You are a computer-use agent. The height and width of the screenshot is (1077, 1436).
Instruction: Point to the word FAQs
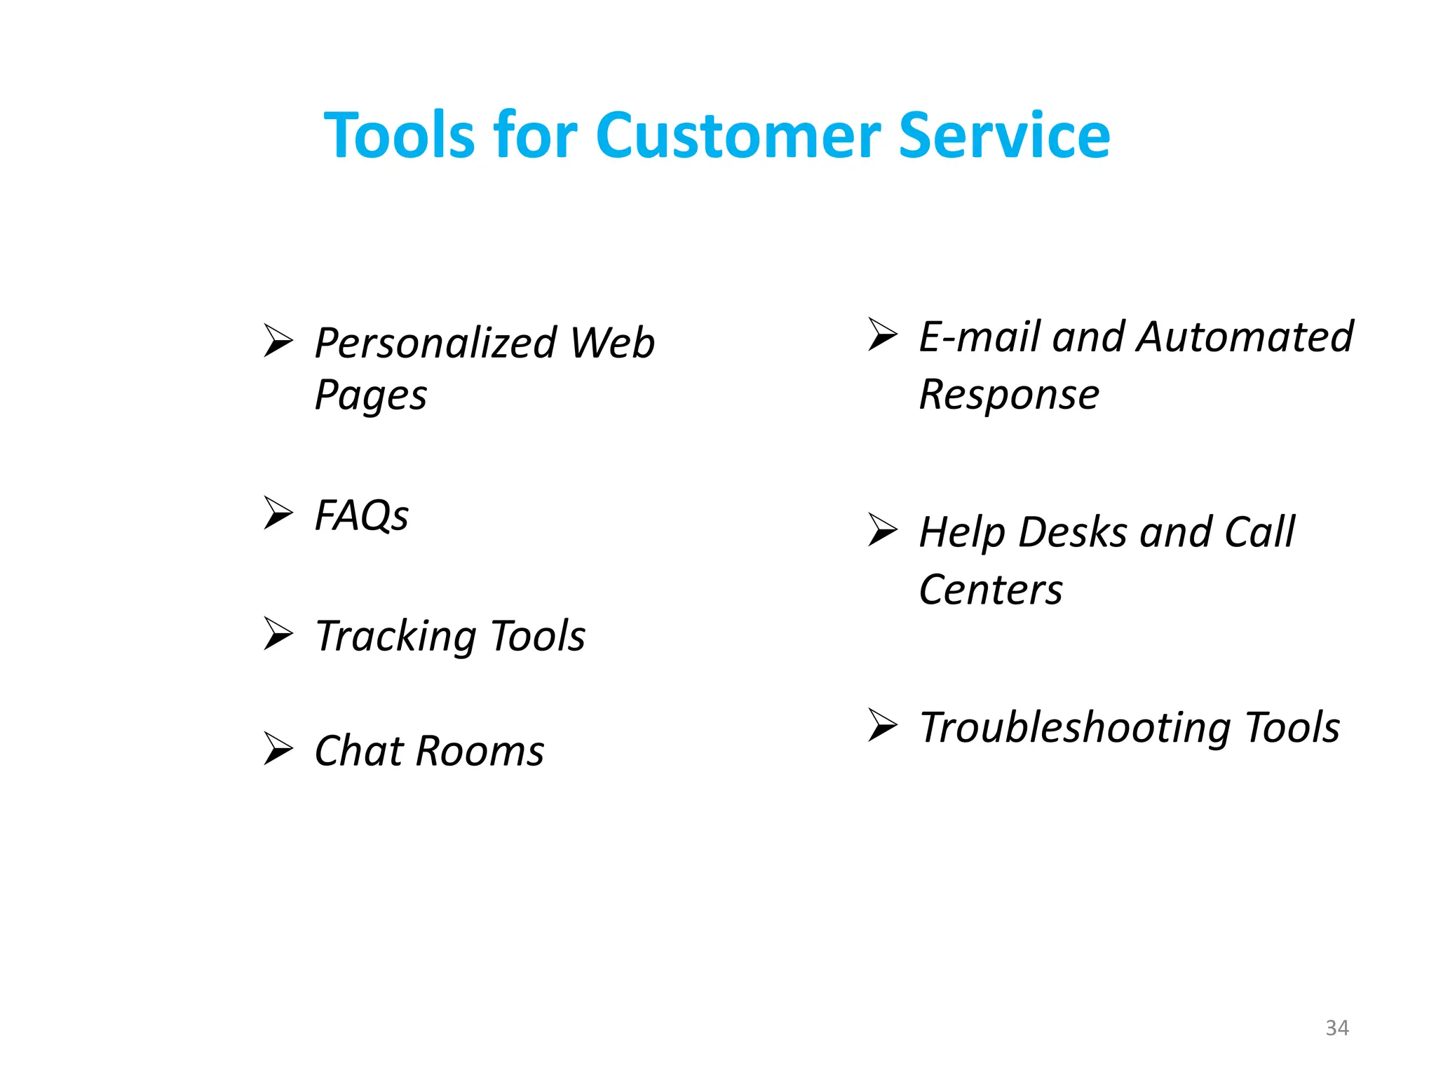[361, 516]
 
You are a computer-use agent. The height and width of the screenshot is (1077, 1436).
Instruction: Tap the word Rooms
[480, 751]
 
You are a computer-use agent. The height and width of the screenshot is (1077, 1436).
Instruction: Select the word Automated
[1245, 337]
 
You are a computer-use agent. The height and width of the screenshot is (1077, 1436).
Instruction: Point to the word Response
[1009, 395]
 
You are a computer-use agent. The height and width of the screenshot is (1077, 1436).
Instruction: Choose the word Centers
[991, 590]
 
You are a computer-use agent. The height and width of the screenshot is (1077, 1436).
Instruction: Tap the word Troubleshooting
[1074, 728]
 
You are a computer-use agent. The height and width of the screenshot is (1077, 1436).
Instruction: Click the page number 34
[1337, 1028]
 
